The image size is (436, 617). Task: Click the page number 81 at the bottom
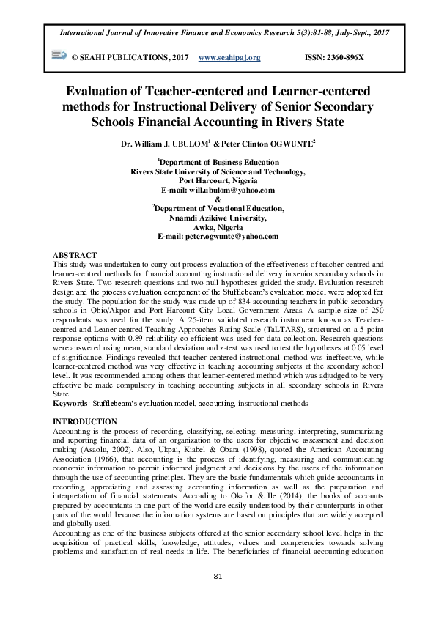[218, 597]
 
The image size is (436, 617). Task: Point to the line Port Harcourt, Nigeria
[218, 180]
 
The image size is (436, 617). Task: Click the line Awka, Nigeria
[218, 227]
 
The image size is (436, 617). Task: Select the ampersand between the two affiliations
[218, 199]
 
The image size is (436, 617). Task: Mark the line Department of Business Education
[218, 161]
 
